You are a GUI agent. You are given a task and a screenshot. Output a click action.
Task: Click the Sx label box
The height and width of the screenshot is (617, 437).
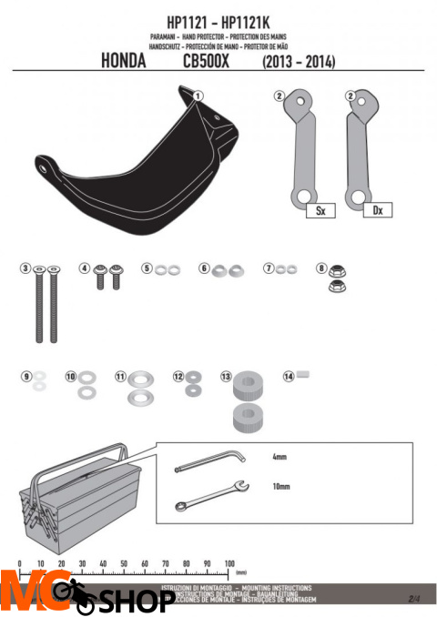pos(320,210)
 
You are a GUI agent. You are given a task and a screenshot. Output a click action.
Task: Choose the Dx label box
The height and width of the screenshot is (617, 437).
pos(376,210)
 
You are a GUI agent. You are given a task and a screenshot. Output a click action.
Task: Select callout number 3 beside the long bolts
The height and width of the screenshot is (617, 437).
pos(26,268)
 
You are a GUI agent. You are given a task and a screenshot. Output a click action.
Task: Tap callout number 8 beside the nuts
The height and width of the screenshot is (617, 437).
pos(320,268)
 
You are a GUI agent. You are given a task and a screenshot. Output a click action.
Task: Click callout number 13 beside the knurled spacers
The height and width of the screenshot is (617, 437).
pos(225,376)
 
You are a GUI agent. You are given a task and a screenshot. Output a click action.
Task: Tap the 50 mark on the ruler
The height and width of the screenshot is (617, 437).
pos(124,564)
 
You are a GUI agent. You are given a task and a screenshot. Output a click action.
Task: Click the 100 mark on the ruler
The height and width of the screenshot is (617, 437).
pos(229,564)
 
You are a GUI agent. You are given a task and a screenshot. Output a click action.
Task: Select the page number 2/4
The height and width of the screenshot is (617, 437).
pos(414,598)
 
